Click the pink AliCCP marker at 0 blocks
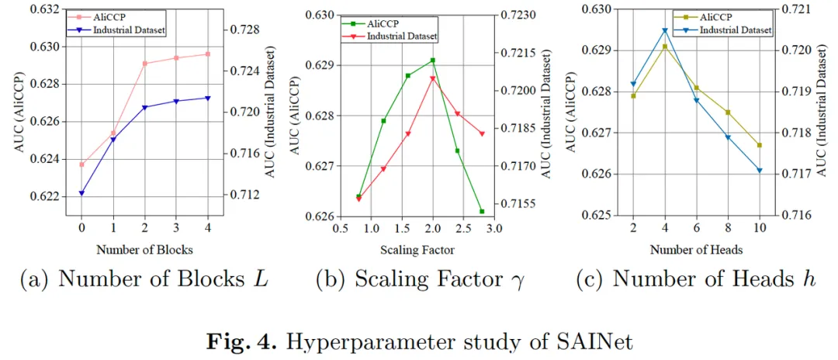[x=81, y=164]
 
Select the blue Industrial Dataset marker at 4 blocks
[x=208, y=98]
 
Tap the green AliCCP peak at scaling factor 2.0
[x=432, y=61]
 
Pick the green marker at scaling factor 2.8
[x=482, y=211]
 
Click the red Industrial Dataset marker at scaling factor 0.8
[x=358, y=199]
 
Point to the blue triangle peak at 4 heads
[x=665, y=31]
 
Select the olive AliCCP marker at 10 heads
[x=760, y=145]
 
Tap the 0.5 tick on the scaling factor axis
[x=340, y=229]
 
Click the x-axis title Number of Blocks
[x=144, y=250]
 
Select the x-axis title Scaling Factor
[x=417, y=250]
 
